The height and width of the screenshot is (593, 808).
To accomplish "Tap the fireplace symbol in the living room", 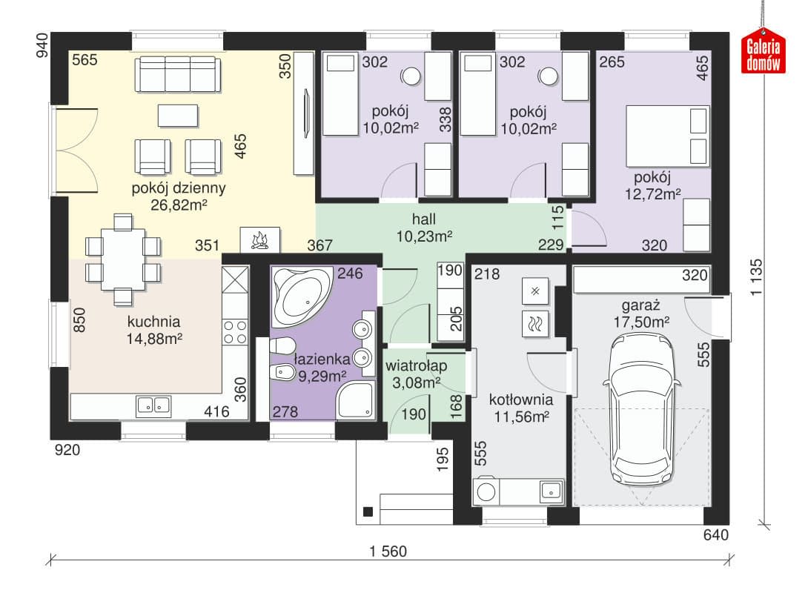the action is [x=260, y=240].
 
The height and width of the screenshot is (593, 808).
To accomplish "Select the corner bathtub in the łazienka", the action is [x=302, y=296].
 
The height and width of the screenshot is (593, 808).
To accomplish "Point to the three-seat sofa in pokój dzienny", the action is [x=179, y=74].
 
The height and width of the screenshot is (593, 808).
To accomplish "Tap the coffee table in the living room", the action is [x=178, y=116].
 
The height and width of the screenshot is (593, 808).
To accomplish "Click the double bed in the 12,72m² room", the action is [x=668, y=136].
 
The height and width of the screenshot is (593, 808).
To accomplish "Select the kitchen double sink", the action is [x=153, y=406].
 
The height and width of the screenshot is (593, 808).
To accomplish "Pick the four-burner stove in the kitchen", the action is [x=235, y=332].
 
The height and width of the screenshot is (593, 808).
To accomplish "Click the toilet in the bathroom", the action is [x=282, y=345].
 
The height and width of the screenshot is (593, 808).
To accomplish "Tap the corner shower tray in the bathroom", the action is [x=356, y=400].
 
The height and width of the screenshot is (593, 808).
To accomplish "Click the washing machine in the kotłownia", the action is [x=486, y=491].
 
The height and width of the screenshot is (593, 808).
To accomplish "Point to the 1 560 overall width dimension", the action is [x=388, y=551].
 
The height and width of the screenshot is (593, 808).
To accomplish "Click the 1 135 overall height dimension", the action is [x=756, y=277].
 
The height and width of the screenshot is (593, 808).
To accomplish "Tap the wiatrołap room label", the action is [x=417, y=365].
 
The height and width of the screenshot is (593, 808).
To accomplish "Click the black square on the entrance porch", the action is [x=368, y=511].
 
